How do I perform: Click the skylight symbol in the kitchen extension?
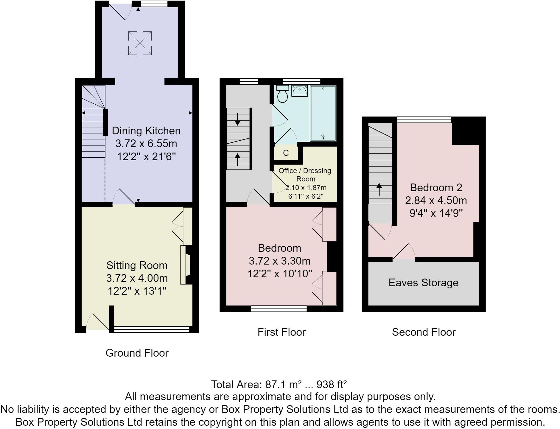140,43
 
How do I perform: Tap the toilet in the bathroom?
282,94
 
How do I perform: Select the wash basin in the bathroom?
299,91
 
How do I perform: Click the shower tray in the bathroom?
323,113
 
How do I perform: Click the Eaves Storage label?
423,282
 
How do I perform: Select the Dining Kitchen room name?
146,130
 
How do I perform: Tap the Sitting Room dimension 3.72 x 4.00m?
137,278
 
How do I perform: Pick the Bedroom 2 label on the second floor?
436,187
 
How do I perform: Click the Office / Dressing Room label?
305,175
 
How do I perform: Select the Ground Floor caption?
137,353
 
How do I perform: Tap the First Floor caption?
281,332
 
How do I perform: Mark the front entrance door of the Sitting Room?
97,322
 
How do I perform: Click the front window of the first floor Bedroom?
279,309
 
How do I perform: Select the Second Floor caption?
424,332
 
